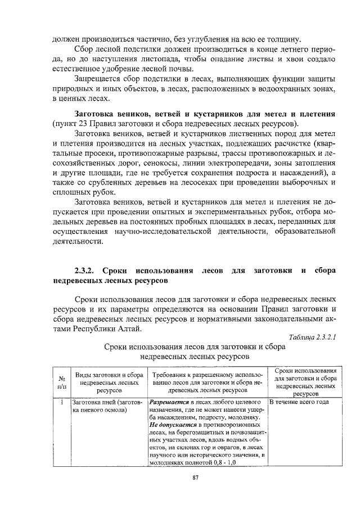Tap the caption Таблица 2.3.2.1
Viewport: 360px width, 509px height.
click(312, 337)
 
